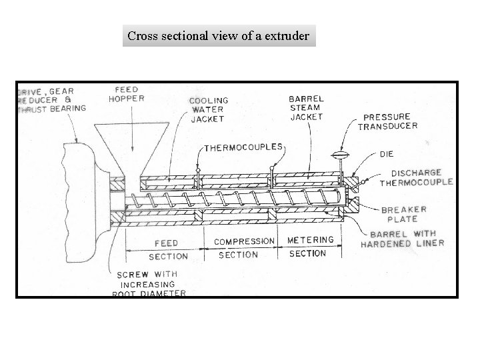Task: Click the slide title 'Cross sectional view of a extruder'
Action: pos(219,36)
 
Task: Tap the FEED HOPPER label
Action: pos(127,94)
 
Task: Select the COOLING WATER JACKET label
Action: pos(208,109)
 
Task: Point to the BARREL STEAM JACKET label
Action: pos(306,107)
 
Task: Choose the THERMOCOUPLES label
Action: pos(243,147)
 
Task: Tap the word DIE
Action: pos(387,153)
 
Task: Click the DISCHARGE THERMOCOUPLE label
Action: pos(417,177)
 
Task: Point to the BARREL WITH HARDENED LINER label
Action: pos(403,239)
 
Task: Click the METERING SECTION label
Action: pos(309,246)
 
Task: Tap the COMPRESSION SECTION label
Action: pos(244,247)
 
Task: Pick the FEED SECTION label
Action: pos(167,249)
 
